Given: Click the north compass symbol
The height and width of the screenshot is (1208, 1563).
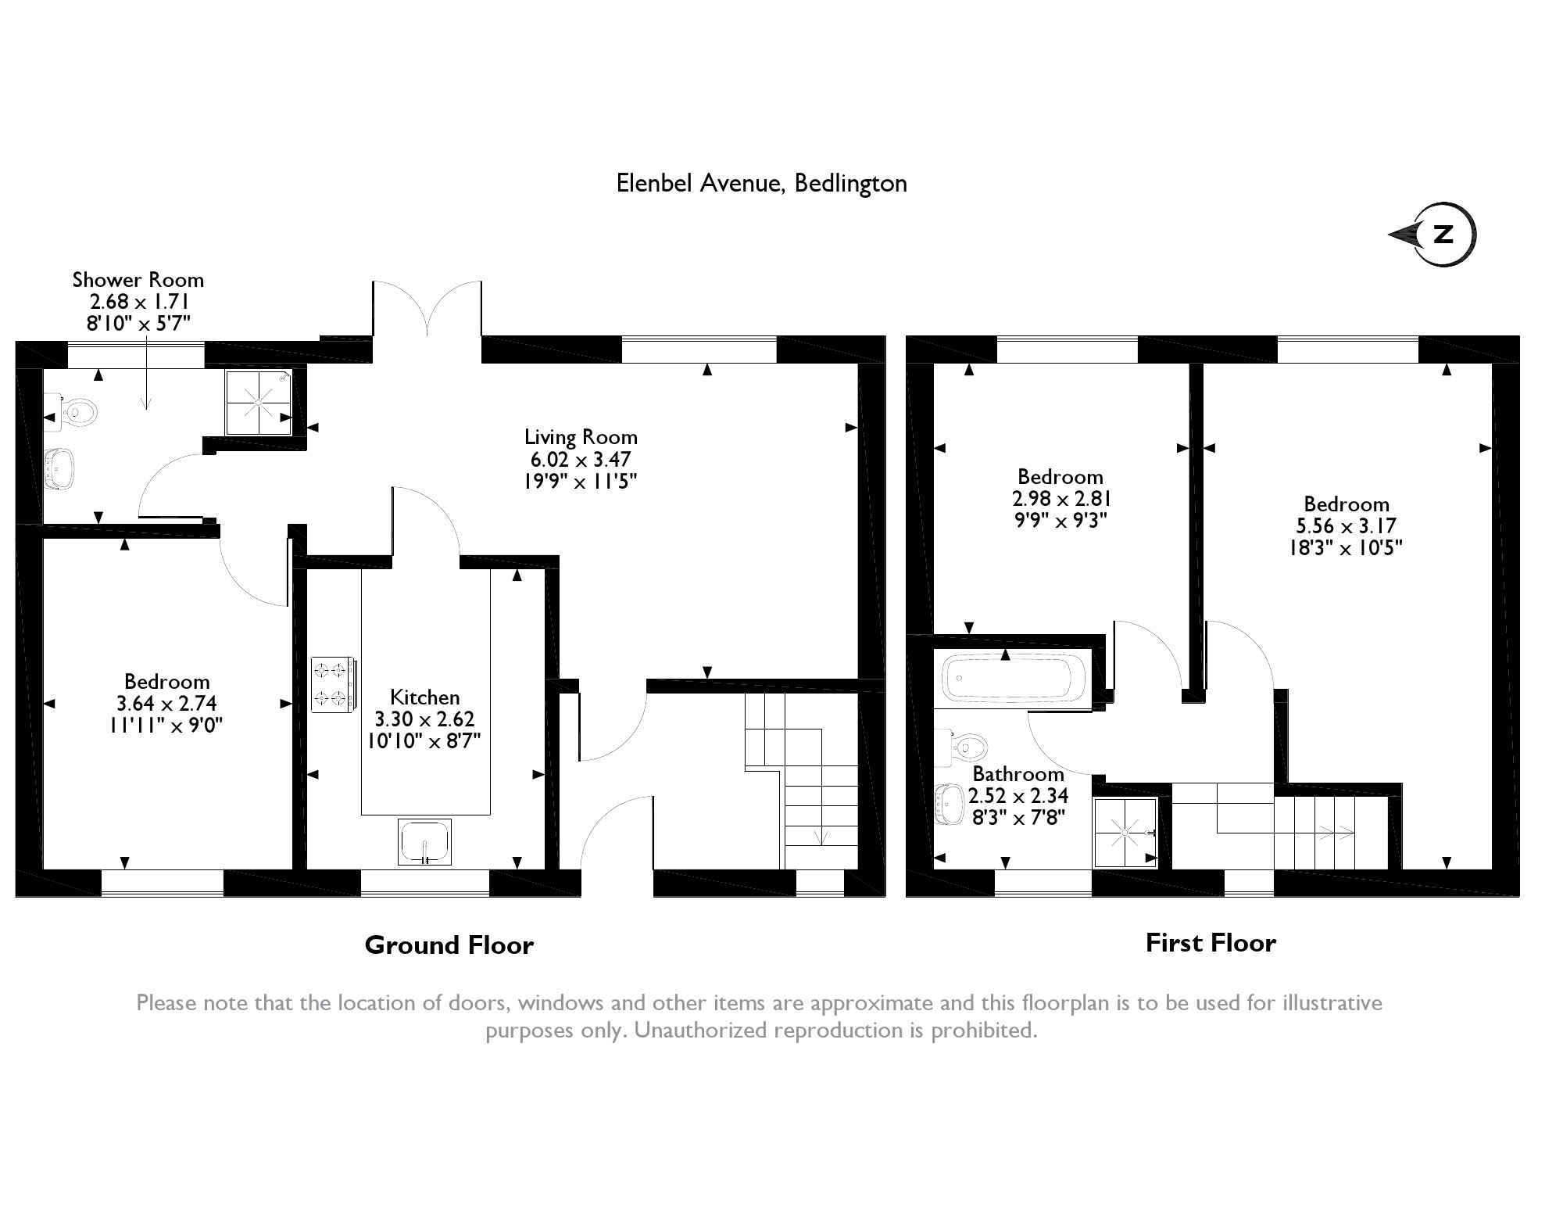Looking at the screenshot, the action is tap(1436, 235).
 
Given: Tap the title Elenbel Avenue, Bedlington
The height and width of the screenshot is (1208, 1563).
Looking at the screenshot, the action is tap(761, 183).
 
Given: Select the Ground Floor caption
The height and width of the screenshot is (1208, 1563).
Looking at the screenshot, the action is tap(449, 945).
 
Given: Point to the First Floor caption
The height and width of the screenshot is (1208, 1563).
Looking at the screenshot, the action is tap(1211, 943).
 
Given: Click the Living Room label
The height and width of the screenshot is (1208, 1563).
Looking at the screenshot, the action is tap(581, 437).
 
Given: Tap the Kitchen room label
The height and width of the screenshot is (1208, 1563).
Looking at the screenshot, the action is tap(424, 697).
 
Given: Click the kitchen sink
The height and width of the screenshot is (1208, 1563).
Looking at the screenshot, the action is tap(424, 841).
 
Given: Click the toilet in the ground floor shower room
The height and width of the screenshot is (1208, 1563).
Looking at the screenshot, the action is tap(77, 411).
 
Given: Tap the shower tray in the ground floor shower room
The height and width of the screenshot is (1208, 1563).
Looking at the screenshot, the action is tap(259, 402).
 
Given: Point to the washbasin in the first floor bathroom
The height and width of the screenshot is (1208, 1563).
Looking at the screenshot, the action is tap(949, 803).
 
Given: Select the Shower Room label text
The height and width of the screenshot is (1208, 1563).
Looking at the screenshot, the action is tap(138, 280).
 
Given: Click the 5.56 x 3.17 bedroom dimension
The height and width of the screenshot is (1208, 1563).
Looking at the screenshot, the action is tap(1346, 525).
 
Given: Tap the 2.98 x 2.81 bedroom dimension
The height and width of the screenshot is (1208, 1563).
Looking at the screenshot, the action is tap(1060, 499).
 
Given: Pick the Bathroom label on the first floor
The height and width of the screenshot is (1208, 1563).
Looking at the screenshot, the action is tap(1018, 774).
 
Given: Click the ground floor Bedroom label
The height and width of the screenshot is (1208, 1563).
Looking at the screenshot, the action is tap(166, 682).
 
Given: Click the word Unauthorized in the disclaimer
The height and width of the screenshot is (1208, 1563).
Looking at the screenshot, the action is tap(701, 1030).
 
